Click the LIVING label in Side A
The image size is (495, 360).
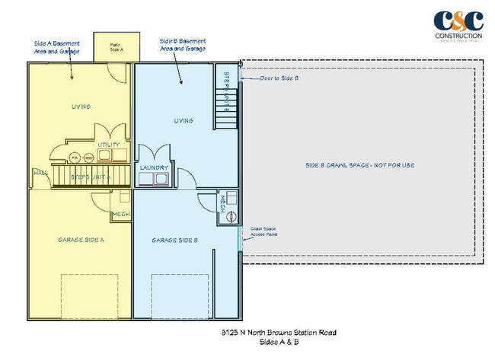coord(81,107)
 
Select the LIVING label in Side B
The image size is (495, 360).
coord(184,120)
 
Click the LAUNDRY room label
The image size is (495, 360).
coord(155,167)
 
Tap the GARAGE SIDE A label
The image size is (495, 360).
coord(81,240)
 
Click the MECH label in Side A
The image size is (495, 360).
coord(120,215)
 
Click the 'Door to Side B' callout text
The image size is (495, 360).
coord(279,78)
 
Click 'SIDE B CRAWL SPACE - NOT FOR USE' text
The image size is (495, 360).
coord(359,164)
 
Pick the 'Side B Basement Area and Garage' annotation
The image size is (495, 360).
coord(183,43)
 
